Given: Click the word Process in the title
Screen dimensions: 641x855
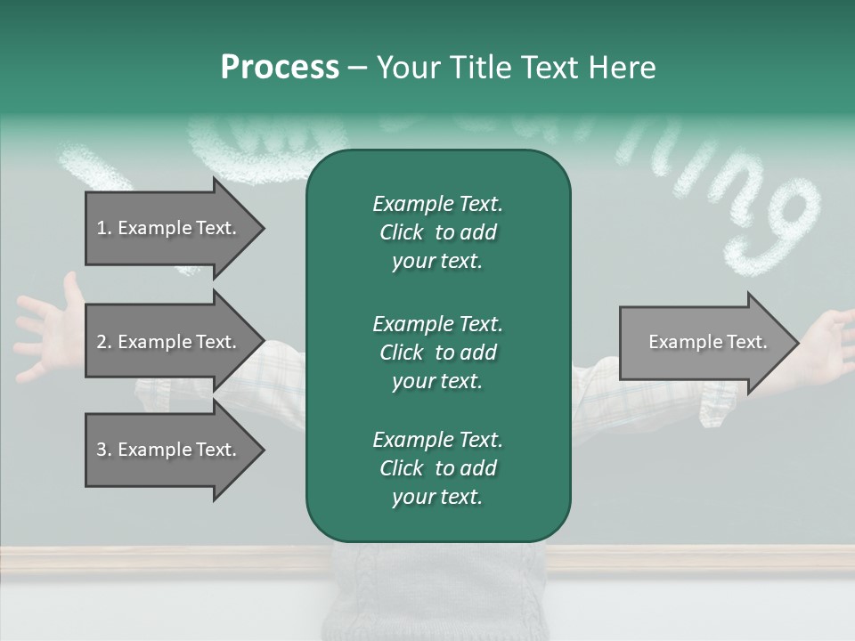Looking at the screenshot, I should (x=280, y=68).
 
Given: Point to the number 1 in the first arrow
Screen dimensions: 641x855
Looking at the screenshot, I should (x=102, y=228).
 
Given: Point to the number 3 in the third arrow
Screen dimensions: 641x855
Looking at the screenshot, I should (x=102, y=450).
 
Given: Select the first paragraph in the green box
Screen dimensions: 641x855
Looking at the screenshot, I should (x=437, y=232).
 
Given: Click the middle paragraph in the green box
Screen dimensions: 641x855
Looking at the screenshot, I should (x=437, y=352).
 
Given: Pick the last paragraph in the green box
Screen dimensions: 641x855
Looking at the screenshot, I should (x=437, y=468).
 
